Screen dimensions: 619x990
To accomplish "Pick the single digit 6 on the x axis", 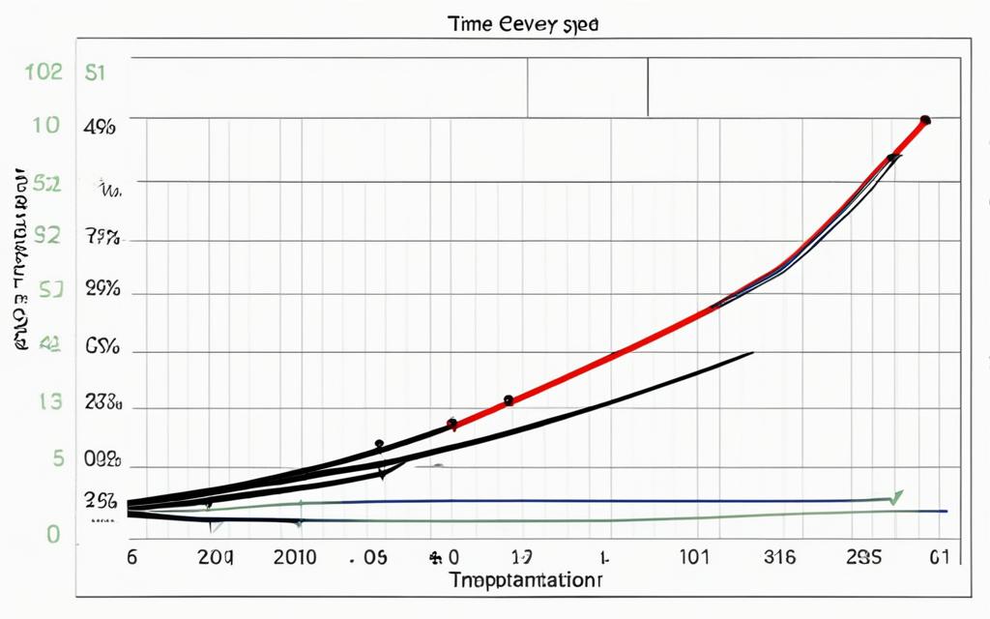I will pyautogui.click(x=132, y=557).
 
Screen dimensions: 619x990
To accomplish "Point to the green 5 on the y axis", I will pyautogui.click(x=57, y=458).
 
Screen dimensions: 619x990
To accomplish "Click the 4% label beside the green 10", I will pyautogui.click(x=102, y=126).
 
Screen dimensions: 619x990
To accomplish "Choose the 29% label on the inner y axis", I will pyautogui.click(x=102, y=288).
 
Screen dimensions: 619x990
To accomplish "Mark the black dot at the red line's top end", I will pyautogui.click(x=925, y=120).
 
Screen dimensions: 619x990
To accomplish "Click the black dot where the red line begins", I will pyautogui.click(x=451, y=423).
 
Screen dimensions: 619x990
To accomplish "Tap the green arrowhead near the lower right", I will pyautogui.click(x=896, y=496).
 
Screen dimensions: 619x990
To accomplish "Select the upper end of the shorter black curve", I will pyautogui.click(x=752, y=353).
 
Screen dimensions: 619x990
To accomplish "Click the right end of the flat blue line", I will pyautogui.click(x=946, y=510).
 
